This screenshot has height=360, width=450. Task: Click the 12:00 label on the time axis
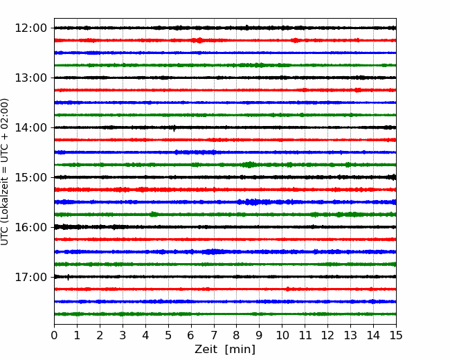(31, 28)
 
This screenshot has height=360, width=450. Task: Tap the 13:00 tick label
(31, 78)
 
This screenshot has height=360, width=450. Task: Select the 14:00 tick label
(31, 127)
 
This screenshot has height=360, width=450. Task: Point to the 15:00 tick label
(31, 177)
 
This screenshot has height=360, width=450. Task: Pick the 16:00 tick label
(31, 227)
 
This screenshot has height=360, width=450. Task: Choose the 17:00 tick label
(31, 277)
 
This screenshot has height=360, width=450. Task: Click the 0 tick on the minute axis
(54, 335)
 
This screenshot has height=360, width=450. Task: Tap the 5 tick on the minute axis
(168, 335)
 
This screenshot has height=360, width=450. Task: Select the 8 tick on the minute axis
(237, 335)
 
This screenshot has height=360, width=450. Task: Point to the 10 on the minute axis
(282, 335)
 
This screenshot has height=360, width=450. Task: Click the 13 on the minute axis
(350, 335)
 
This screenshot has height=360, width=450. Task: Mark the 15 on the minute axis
(396, 335)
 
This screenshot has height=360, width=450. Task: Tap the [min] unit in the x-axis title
(240, 350)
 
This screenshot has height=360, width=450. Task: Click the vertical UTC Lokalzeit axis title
(5, 172)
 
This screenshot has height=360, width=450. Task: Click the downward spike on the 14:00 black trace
(174, 128)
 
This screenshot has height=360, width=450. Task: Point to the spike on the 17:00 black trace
(68, 278)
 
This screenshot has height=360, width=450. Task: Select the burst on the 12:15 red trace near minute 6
(198, 40)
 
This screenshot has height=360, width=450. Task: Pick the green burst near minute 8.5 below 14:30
(249, 165)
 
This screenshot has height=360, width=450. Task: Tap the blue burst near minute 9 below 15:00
(253, 202)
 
